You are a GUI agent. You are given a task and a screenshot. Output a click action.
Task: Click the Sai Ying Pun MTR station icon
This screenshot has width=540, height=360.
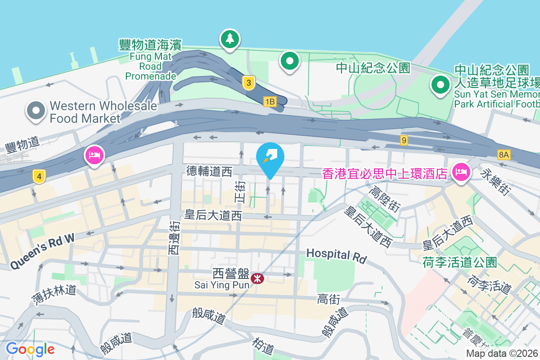pyautogui.click(x=257, y=279)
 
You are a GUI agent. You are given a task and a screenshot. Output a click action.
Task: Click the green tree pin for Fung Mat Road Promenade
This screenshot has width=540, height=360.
pyautogui.click(x=230, y=39)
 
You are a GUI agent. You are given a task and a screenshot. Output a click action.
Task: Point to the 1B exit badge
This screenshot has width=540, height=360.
pyautogui.click(x=270, y=102)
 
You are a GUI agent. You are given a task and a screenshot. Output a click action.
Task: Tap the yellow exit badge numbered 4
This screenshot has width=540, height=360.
pyautogui.click(x=40, y=176)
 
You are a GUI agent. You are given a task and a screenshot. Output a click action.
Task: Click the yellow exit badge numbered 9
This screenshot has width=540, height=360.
pyautogui.click(x=404, y=141)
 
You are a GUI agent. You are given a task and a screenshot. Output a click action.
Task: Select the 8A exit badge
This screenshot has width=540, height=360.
pyautogui.click(x=504, y=155)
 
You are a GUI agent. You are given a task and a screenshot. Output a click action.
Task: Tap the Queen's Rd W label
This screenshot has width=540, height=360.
pyautogui.click(x=42, y=253)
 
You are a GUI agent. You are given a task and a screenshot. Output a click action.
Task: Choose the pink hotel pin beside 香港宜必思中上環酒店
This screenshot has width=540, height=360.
pyautogui.click(x=462, y=171)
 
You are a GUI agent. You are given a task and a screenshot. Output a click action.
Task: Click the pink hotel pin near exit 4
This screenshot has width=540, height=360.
pyautogui.click(x=94, y=156)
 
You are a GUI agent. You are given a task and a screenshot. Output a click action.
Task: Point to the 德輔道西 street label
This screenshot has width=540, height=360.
pyautogui.click(x=209, y=171)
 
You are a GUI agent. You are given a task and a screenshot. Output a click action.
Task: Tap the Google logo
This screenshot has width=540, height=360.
pyautogui.click(x=30, y=349)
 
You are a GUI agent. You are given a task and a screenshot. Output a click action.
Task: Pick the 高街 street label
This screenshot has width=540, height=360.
pyautogui.click(x=328, y=298)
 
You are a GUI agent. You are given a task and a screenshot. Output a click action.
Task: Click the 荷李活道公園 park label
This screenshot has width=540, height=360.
pyautogui.click(x=460, y=262)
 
